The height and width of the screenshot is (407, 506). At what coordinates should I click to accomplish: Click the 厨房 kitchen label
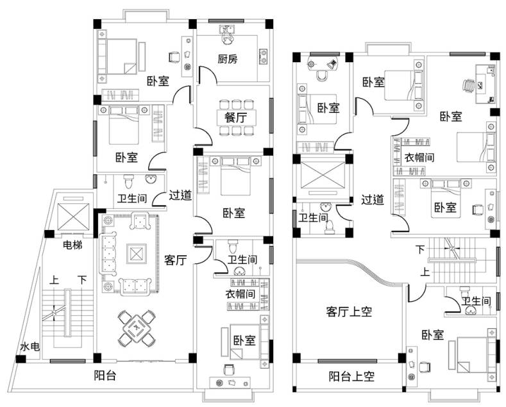click(227, 60)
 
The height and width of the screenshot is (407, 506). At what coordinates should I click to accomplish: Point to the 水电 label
click(29, 347)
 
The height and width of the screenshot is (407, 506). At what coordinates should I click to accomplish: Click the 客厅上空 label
click(349, 312)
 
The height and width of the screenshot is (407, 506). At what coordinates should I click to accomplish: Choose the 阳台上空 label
click(351, 376)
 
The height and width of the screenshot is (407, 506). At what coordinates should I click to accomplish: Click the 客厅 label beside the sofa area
click(175, 260)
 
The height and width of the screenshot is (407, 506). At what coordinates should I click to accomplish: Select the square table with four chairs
click(137, 328)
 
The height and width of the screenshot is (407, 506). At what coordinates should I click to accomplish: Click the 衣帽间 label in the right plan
click(420, 156)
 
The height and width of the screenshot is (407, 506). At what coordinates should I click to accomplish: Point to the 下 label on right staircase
click(420, 248)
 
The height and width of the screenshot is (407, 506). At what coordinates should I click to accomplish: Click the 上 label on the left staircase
click(55, 280)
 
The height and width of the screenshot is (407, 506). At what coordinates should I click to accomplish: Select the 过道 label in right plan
click(372, 199)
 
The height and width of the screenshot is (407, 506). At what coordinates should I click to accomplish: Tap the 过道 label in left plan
click(180, 195)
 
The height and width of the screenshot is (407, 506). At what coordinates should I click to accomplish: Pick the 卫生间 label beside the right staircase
click(476, 301)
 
